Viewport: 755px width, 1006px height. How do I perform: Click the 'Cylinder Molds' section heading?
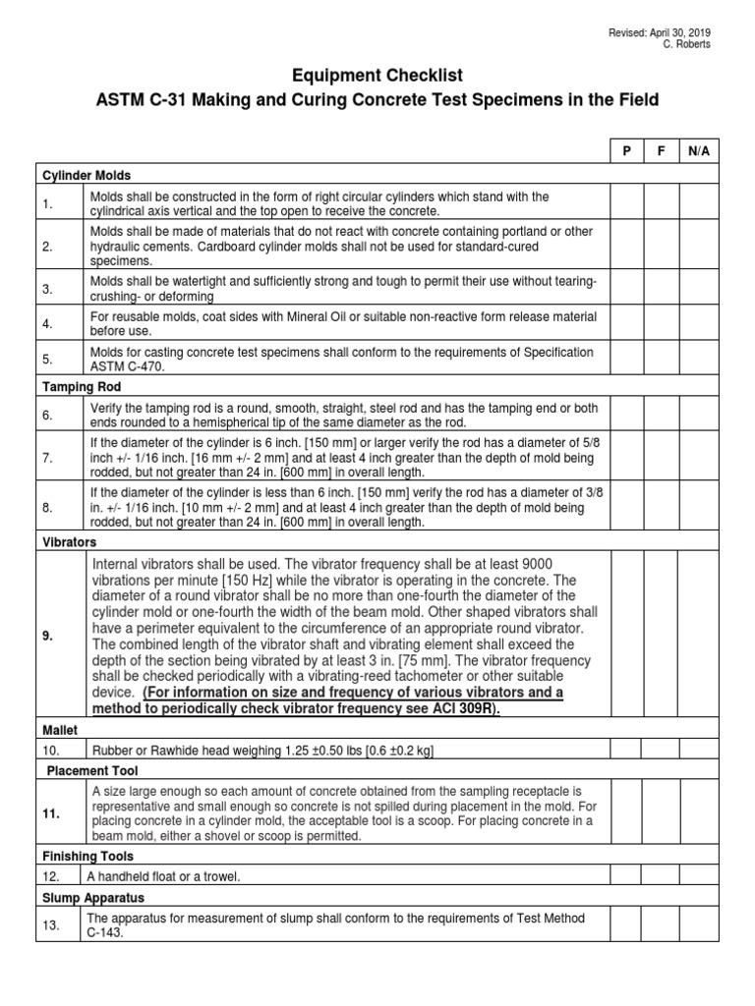tap(86, 176)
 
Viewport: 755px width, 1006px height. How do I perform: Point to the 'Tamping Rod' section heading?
tap(81, 387)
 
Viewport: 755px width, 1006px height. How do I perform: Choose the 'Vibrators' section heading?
tap(69, 541)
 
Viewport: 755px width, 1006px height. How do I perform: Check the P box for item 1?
tap(626, 204)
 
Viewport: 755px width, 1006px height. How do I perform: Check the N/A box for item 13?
tap(698, 924)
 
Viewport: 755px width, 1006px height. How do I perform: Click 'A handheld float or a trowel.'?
tap(163, 876)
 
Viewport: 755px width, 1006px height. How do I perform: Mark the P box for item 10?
tap(626, 751)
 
